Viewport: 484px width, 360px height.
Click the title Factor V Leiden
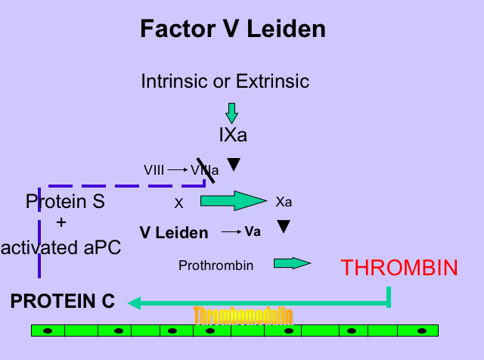coord(233,29)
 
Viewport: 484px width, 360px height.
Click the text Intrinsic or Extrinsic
coord(225,81)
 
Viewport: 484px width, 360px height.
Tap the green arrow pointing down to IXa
coord(231,113)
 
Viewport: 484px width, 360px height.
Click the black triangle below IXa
coord(234,164)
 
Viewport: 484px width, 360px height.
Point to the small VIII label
coord(154,170)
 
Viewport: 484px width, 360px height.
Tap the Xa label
coord(284,203)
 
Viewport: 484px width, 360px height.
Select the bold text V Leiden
coord(174,233)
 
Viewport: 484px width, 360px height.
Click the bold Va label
coord(253,231)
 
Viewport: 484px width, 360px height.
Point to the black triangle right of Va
coord(284,226)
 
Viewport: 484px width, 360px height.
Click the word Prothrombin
coord(216,265)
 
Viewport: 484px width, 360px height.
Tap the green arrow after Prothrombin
coord(292,263)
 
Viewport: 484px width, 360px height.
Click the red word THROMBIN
coord(399,268)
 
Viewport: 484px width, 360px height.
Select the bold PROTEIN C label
coord(62,301)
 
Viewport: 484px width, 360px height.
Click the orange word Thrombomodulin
coord(242,314)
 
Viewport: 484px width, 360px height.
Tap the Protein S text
coord(65,202)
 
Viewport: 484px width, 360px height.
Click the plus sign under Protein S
coord(62,222)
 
